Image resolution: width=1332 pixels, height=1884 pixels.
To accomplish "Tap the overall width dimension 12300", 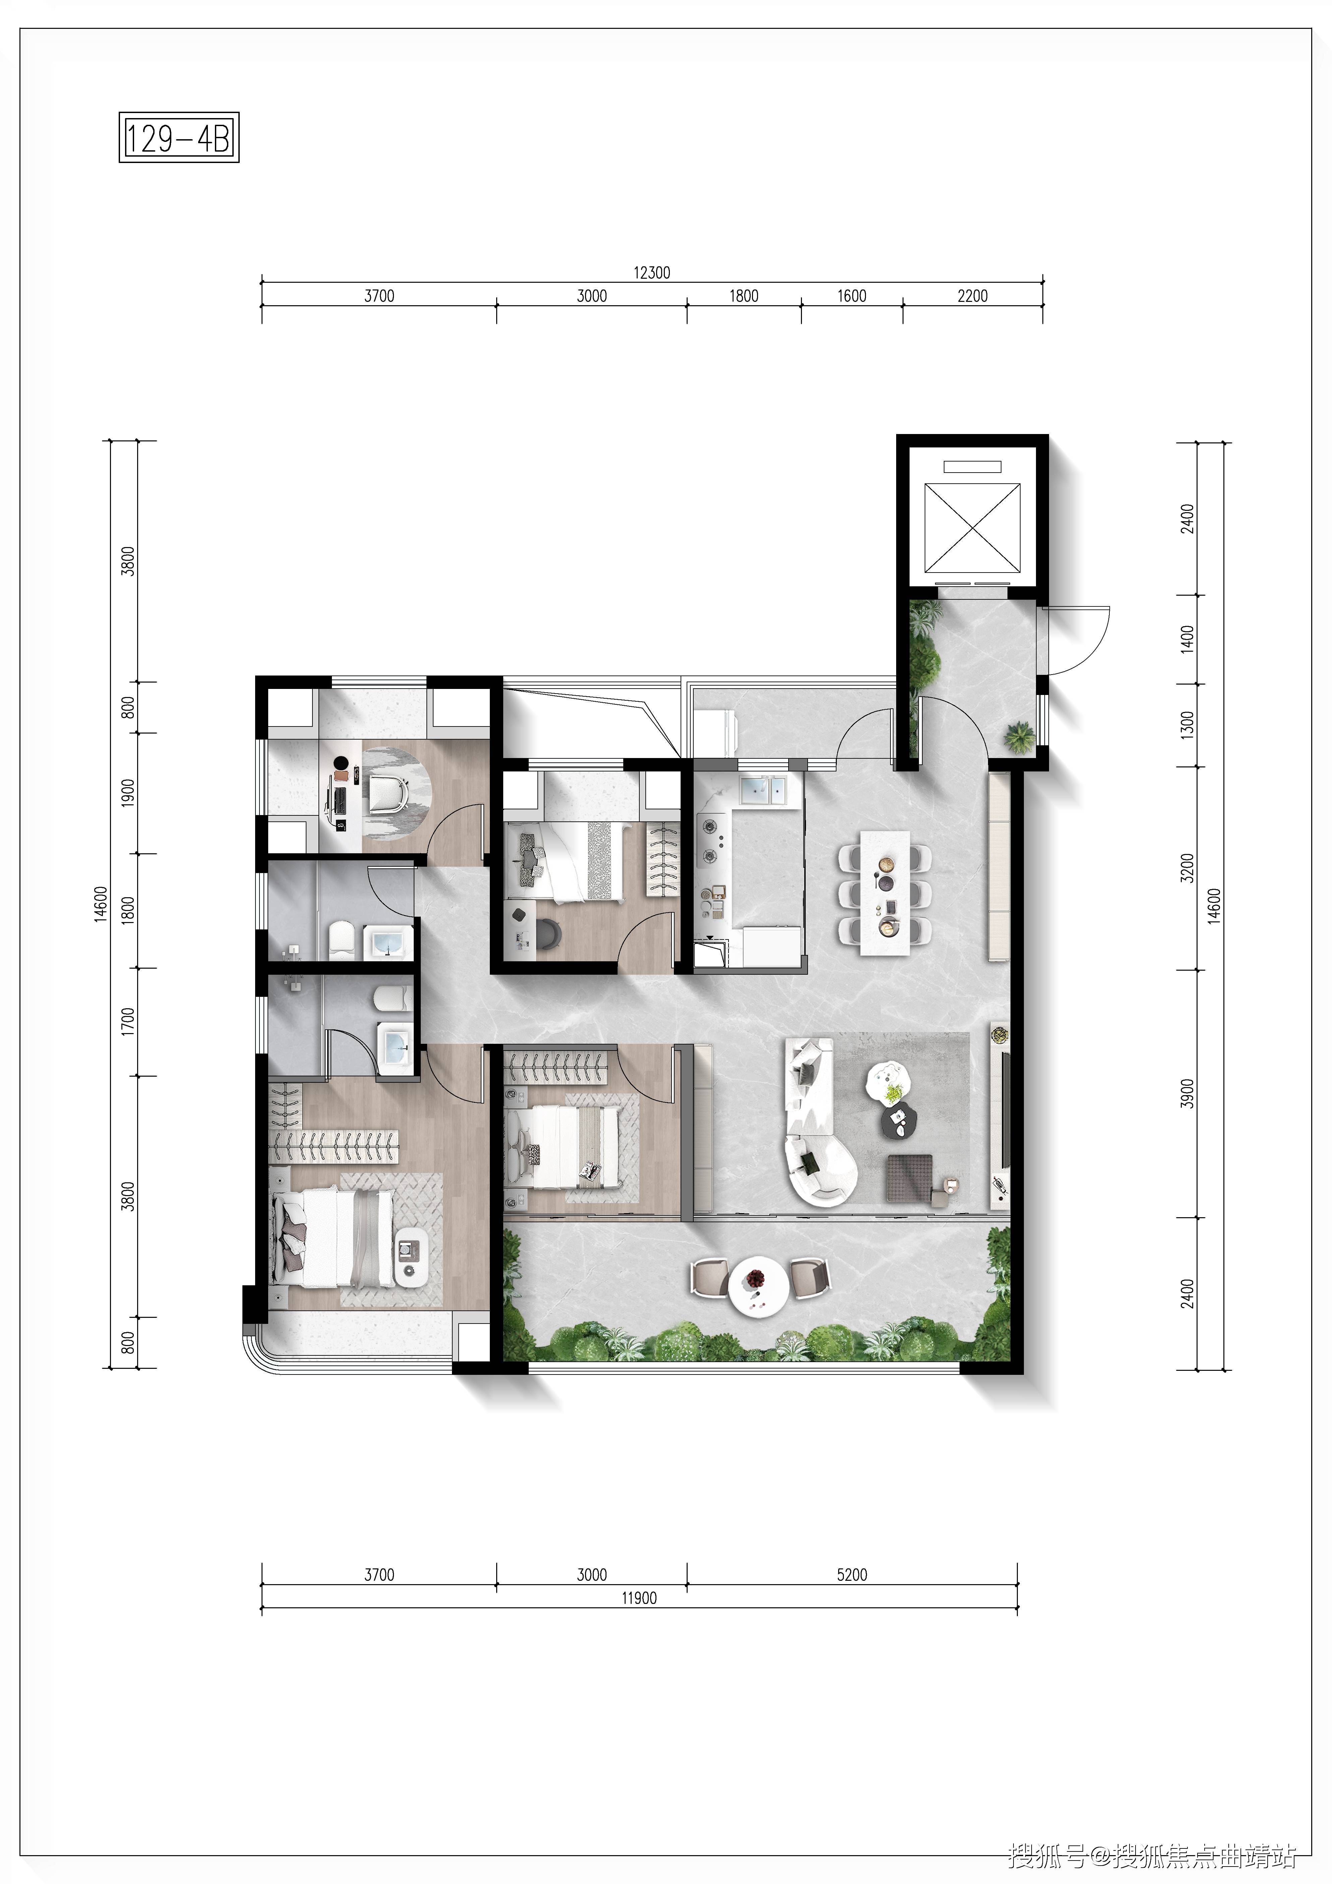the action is coord(652,272).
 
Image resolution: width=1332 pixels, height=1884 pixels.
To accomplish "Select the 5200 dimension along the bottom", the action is coord(852,1575).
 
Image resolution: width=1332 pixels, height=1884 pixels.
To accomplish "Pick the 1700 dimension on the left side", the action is coord(127,1022).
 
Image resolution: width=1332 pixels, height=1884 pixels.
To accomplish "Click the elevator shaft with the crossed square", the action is coord(973,528).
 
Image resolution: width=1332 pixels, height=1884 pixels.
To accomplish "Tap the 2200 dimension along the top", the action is coord(973,295).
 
